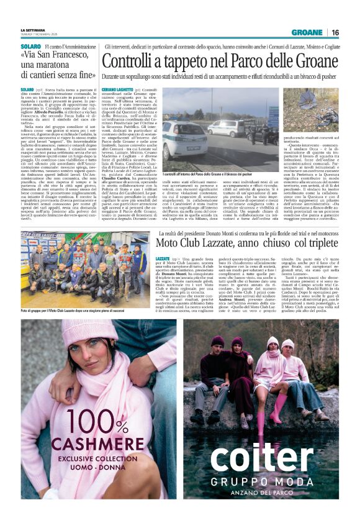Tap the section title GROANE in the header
[307, 32]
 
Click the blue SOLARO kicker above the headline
[30, 45]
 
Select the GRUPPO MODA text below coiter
[269, 482]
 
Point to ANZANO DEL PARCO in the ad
[269, 494]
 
